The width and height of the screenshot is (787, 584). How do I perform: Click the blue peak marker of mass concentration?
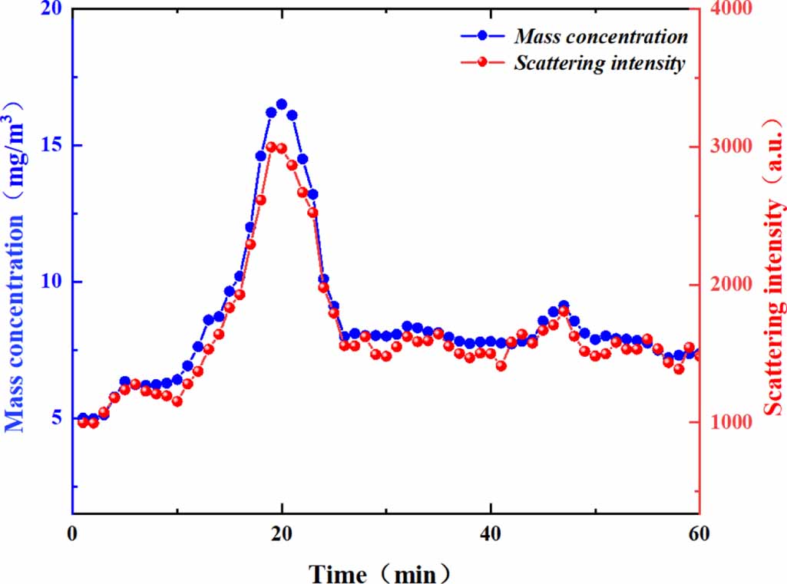(x=282, y=104)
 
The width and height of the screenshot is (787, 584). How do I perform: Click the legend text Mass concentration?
(x=601, y=36)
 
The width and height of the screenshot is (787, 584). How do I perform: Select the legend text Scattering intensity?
(x=599, y=63)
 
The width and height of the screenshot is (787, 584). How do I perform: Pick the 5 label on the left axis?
(x=58, y=419)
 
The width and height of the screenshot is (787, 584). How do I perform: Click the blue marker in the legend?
(x=481, y=35)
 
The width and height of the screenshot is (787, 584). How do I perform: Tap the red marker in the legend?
(x=481, y=63)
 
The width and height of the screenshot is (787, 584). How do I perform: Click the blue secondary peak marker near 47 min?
(x=564, y=305)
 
